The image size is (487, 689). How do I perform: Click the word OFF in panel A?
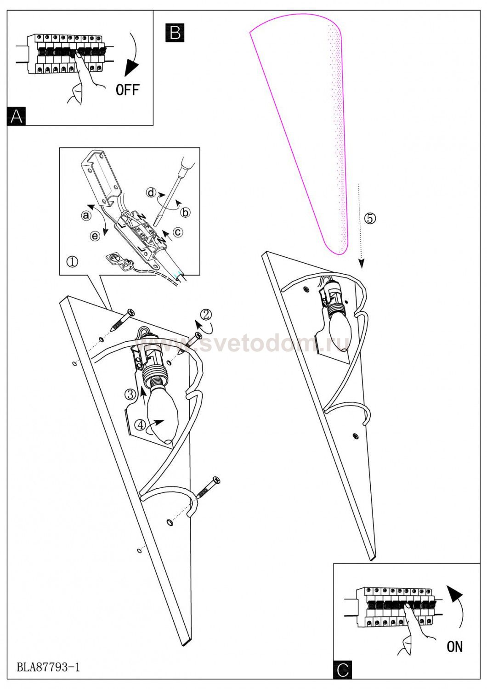click(x=127, y=90)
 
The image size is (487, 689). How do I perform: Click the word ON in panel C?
click(x=454, y=646)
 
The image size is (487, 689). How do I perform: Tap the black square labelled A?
click(x=17, y=116)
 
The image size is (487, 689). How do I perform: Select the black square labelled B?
click(x=175, y=33)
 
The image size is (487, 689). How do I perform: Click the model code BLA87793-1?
click(x=48, y=667)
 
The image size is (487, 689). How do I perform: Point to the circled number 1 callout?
click(x=72, y=262)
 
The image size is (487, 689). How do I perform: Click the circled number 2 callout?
click(x=206, y=314)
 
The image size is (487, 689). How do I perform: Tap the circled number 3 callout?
click(x=130, y=394)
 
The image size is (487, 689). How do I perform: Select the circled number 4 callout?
click(x=140, y=425)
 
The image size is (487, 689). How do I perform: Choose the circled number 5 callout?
click(x=369, y=218)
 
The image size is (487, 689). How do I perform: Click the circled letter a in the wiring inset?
click(x=85, y=215)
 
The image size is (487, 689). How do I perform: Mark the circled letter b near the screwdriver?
click(x=186, y=212)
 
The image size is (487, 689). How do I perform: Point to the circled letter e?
click(x=95, y=236)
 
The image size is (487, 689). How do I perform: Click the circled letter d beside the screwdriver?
click(x=151, y=192)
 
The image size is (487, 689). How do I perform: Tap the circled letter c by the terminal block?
click(x=178, y=232)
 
